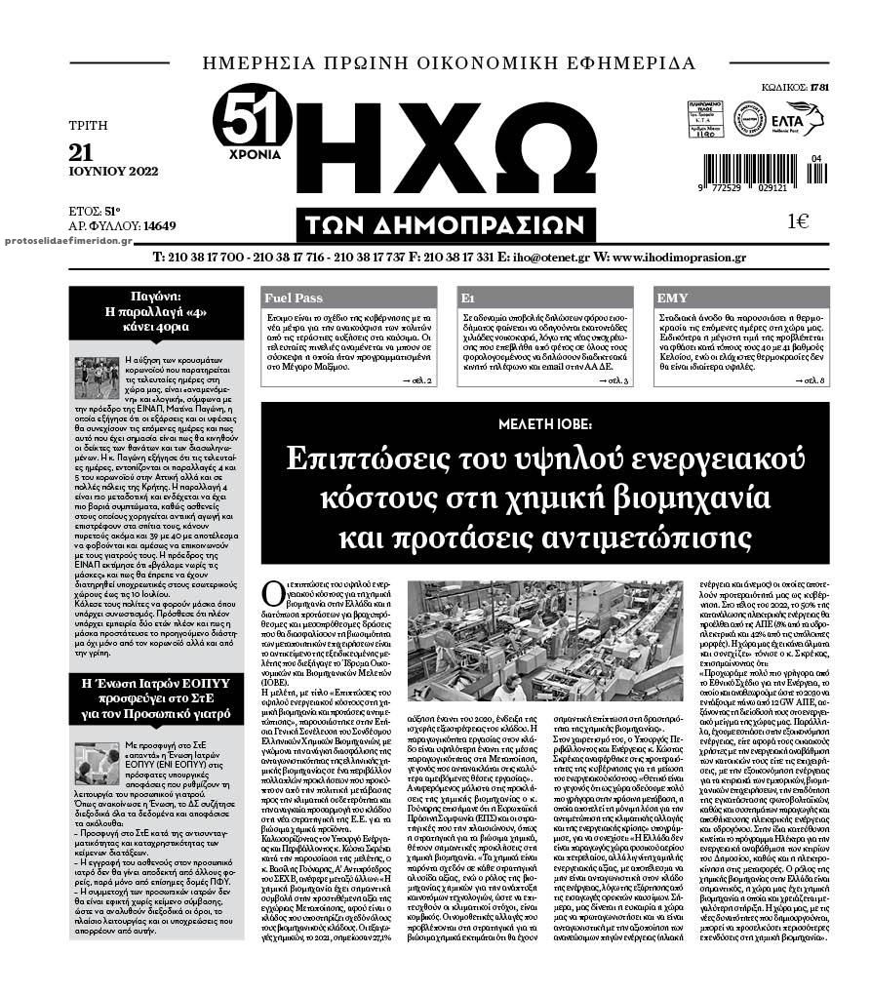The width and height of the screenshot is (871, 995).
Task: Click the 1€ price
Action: (798, 220)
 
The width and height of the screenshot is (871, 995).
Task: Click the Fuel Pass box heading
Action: (294, 298)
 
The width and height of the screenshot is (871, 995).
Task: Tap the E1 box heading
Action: (468, 298)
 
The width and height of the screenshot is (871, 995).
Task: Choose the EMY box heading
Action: (673, 298)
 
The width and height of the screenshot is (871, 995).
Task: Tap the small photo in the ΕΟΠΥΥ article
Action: (97, 765)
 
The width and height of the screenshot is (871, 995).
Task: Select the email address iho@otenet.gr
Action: (554, 259)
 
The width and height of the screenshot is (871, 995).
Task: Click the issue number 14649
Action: (159, 227)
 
